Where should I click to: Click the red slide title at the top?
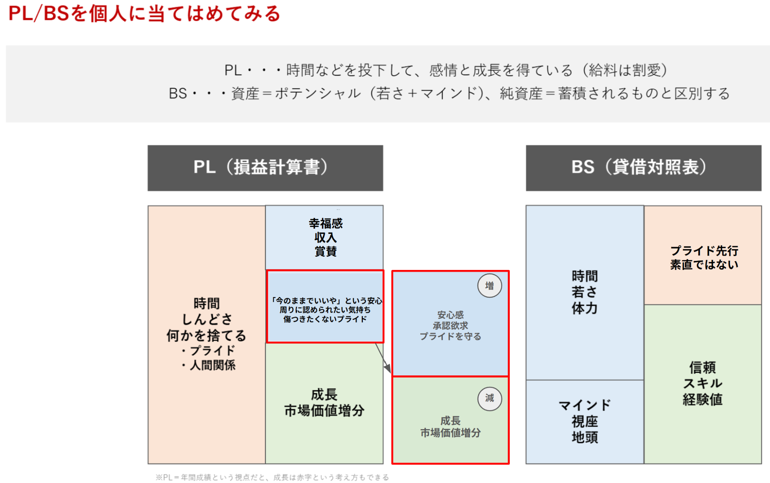coord(144,14)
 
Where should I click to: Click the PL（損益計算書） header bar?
coord(265,168)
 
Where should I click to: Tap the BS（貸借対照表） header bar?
coord(643,168)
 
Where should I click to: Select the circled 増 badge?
coord(490,286)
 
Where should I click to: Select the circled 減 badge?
coord(490,399)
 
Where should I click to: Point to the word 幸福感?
coord(326,224)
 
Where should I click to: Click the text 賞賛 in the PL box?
coord(326,251)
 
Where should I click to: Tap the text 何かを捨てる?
coord(206,335)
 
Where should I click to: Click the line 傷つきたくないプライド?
coord(325,319)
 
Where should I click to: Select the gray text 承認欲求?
coord(450,326)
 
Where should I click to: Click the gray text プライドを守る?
coord(450,336)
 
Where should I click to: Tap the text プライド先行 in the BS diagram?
coord(704,251)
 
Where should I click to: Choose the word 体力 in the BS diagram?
coord(585,308)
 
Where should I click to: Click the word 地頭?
coord(585,437)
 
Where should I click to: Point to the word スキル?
coord(703,383)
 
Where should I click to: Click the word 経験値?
coord(703,399)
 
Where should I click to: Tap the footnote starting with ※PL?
coord(273,477)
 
